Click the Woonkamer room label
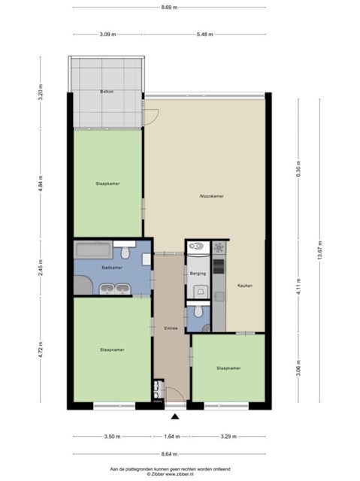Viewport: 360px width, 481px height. (x=211, y=196)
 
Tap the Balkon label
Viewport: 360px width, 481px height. (x=107, y=92)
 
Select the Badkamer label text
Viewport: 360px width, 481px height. (x=112, y=268)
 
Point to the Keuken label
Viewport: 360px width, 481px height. (x=245, y=286)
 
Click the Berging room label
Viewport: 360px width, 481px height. (x=198, y=274)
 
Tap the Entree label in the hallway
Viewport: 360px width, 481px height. (x=171, y=328)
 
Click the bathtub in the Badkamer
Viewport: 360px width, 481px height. (x=93, y=250)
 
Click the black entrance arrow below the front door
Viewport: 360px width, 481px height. (x=175, y=416)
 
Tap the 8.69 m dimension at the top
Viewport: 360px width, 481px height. (x=169, y=8)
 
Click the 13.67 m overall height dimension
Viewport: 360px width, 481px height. (x=320, y=250)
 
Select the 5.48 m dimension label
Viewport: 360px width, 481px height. (x=205, y=35)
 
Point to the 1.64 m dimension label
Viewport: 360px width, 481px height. (x=172, y=437)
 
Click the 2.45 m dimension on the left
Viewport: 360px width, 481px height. (x=41, y=268)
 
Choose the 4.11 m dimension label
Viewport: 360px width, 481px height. (x=298, y=286)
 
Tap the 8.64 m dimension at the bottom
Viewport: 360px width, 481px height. (x=169, y=454)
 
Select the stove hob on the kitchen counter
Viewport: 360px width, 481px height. (x=219, y=266)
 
